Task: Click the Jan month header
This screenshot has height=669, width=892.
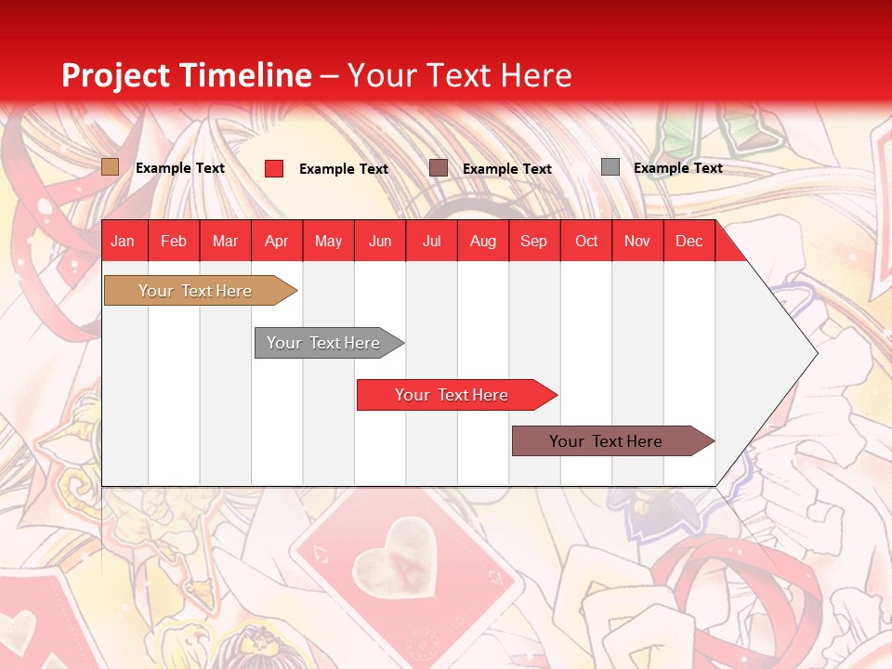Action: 123,241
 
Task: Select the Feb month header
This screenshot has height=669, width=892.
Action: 174,241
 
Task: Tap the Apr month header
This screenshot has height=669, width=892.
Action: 276,241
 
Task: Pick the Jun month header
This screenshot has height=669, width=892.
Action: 380,241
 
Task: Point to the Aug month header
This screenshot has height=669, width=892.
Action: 482,241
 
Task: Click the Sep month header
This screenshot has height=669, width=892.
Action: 533,241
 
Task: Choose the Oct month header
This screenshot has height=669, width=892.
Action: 586,241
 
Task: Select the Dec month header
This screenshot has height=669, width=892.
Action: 689,241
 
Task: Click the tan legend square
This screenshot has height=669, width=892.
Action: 111,167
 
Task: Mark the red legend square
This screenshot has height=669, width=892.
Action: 274,168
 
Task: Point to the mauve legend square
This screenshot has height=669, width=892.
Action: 439,168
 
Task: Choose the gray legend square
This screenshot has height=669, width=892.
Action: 610,167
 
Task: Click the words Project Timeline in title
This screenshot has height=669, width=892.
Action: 187,75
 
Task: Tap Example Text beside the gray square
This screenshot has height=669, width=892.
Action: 677,168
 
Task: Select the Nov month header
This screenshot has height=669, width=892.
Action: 637,241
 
